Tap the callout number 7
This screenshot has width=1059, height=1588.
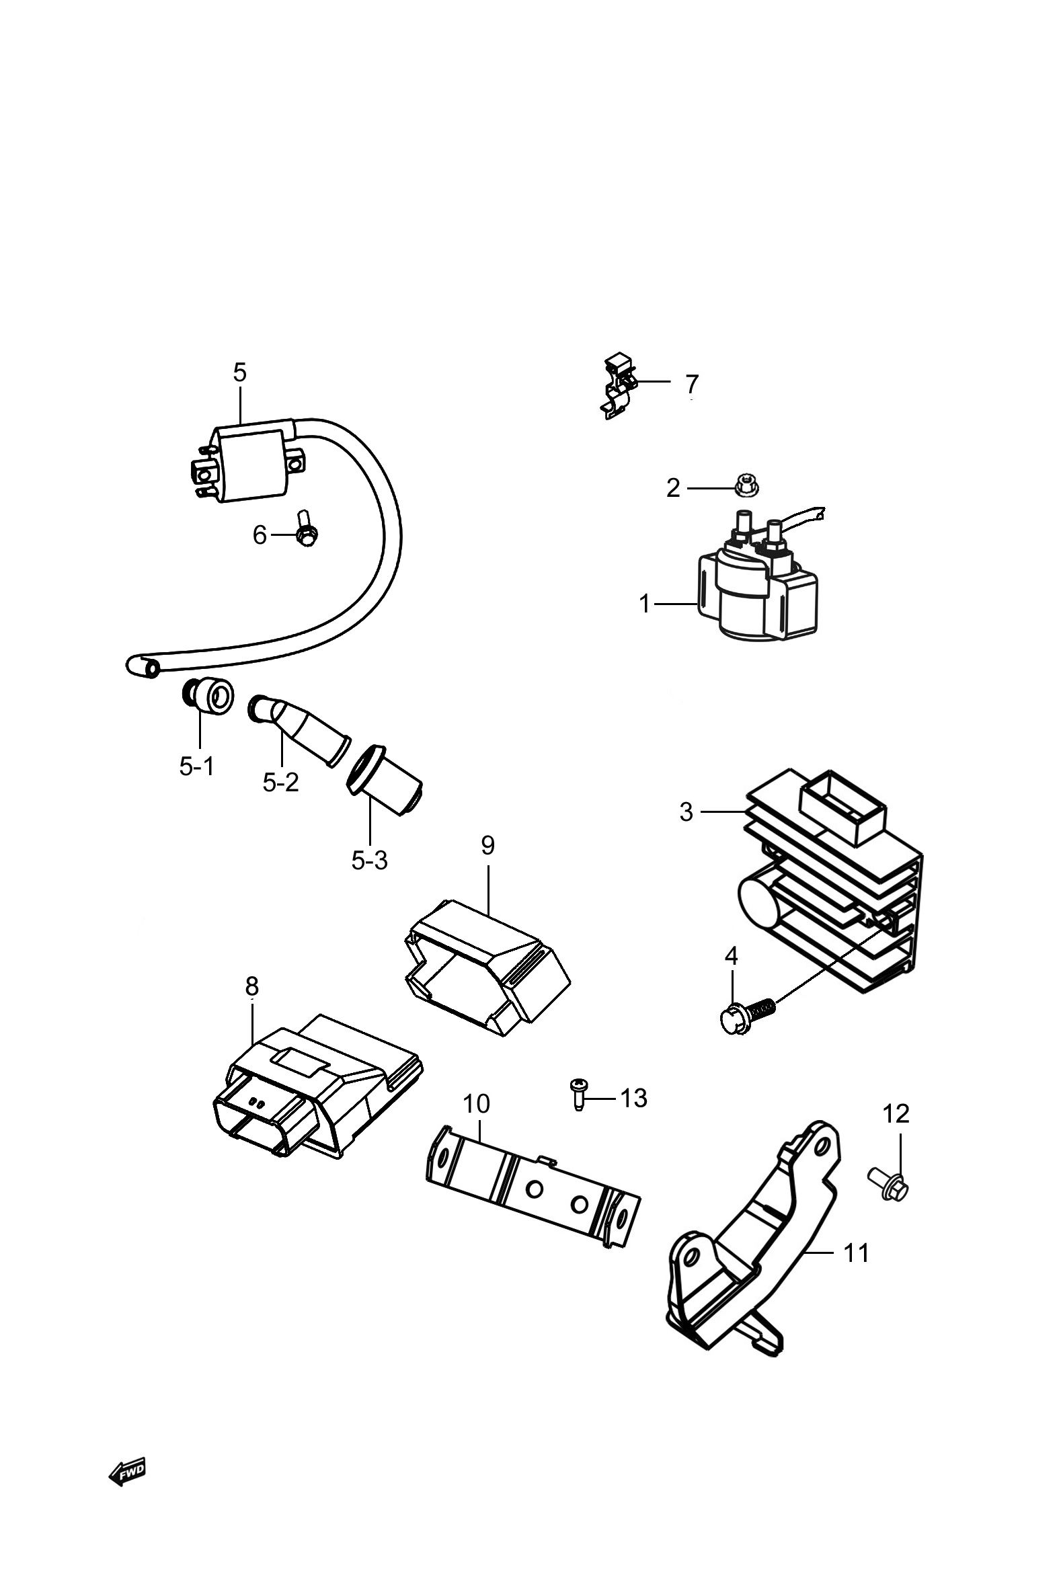point(692,383)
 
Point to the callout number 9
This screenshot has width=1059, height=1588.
point(487,844)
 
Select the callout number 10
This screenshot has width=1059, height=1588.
point(476,1104)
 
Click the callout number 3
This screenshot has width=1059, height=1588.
point(687,811)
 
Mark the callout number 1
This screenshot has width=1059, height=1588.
point(645,604)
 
